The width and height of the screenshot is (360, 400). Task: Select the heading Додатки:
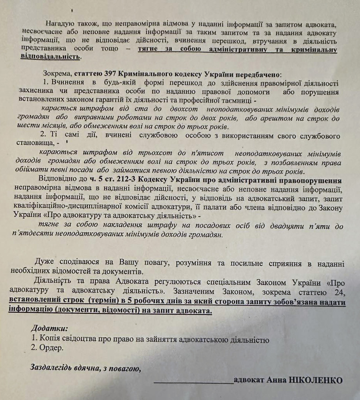tap(49, 328)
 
